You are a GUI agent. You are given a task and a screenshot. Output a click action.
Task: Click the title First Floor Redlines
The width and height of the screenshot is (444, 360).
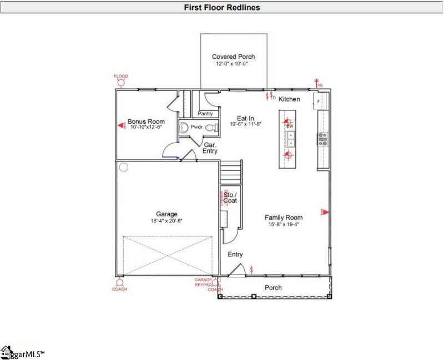point(221,7)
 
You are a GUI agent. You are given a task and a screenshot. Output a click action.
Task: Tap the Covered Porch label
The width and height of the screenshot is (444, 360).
point(233,57)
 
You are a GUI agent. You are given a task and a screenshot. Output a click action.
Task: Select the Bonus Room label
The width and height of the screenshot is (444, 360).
point(146,121)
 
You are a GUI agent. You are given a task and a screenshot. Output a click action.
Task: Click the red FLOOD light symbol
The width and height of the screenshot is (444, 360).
point(120,83)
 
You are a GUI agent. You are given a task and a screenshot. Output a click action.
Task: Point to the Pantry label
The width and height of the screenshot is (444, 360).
point(205,114)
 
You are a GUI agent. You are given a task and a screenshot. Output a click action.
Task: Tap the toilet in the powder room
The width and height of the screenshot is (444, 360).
point(210,127)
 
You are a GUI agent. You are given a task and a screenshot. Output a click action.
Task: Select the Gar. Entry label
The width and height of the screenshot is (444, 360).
point(210,148)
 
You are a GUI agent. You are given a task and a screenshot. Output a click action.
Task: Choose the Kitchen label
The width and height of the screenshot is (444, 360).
point(289,99)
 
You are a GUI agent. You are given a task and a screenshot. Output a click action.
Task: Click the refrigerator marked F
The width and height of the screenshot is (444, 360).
point(320,101)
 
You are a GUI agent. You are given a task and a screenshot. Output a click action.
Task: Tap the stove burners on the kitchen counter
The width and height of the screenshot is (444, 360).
point(322,139)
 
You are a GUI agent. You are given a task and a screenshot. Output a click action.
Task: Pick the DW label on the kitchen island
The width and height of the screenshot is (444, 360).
point(290,126)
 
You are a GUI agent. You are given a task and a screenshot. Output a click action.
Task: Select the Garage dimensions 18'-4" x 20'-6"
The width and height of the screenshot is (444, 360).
point(167,221)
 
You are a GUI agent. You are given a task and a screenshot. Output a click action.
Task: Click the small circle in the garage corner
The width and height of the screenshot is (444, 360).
point(124,166)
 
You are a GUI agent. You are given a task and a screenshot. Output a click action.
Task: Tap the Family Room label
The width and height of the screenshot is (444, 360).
point(283,217)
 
